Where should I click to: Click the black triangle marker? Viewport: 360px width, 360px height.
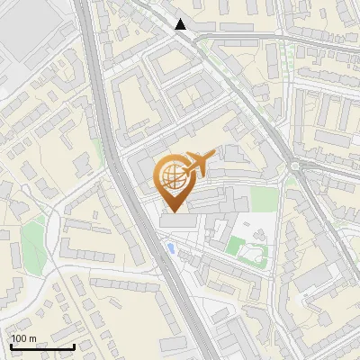click(181, 24)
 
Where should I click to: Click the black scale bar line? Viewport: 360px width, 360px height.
click(41, 346)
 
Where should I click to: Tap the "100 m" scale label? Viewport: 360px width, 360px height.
click(23, 338)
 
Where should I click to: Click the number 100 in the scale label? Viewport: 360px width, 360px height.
click(19, 338)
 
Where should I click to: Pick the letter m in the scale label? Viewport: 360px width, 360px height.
click(32, 338)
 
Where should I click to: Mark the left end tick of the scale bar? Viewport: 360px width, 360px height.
click(10, 346)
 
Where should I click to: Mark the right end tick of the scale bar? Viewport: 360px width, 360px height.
click(74, 346)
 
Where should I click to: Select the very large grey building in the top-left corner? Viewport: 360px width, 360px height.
click(27, 36)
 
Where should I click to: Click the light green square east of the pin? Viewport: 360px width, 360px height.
click(262, 198)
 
